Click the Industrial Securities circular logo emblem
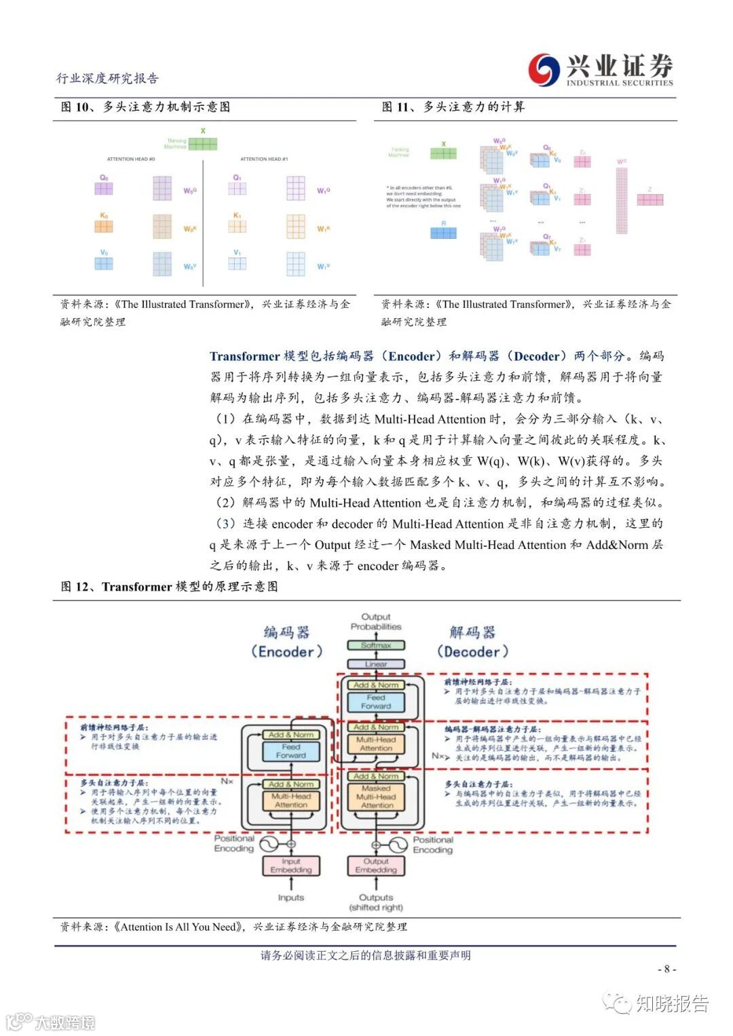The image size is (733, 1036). tap(545, 70)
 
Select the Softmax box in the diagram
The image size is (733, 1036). tap(376, 645)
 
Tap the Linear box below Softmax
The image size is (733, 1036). tap(376, 664)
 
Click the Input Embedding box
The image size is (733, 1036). tap(291, 866)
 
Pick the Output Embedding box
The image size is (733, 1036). tap(376, 866)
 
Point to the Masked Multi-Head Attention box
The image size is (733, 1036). tap(377, 797)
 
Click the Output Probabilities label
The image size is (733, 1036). tap(376, 621)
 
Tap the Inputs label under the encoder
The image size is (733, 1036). tap(291, 898)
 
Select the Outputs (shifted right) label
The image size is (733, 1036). tap(376, 902)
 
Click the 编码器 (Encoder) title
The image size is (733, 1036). tap(286, 642)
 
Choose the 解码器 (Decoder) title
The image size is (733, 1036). tap(472, 642)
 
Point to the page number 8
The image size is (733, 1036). tap(666, 969)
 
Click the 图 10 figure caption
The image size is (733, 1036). tap(145, 107)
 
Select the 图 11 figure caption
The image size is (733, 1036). tap(453, 107)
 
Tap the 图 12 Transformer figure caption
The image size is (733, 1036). tap(169, 587)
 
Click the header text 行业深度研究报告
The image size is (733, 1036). tap(107, 79)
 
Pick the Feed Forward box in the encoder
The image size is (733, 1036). tap(291, 751)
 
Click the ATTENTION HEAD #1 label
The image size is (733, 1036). tap(264, 159)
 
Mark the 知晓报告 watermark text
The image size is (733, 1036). tap(671, 1003)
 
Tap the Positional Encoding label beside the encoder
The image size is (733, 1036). tap(234, 843)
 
